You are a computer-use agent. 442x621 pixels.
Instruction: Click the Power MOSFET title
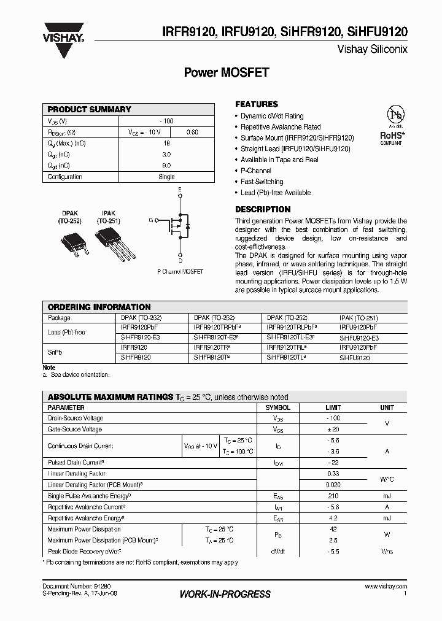tap(227, 72)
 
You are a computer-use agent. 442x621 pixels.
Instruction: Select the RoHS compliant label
tap(391, 137)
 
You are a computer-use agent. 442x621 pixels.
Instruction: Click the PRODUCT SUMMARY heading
tap(90, 109)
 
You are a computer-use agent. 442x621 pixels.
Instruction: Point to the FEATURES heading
tap(257, 104)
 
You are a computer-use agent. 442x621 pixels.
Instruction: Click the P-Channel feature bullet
tap(256, 171)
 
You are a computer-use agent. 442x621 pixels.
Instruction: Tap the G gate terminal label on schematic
tap(150, 220)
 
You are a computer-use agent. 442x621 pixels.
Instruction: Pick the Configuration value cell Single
tap(166, 177)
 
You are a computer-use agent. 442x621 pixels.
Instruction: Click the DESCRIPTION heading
tap(263, 209)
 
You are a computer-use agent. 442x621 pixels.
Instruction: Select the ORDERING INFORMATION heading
tap(99, 307)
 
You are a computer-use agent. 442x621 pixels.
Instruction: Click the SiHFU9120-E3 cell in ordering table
tap(359, 338)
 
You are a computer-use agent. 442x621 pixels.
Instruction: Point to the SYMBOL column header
tap(277, 407)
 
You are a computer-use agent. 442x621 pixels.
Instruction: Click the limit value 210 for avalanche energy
tap(333, 496)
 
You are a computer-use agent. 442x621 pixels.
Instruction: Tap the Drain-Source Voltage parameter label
tap(75, 418)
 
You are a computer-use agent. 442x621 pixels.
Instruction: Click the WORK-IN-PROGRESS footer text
tap(225, 594)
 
